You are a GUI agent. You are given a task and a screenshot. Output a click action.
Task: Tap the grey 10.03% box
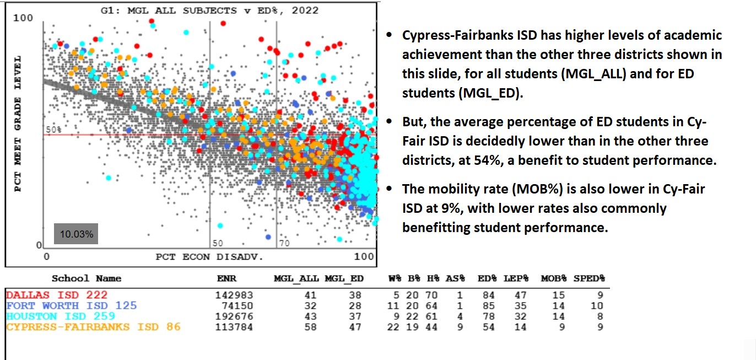[77, 234]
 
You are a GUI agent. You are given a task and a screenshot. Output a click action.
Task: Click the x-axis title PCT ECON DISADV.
[209, 256]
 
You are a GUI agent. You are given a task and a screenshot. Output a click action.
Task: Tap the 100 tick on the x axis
[364, 256]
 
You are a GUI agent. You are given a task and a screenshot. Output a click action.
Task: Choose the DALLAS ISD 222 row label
[57, 295]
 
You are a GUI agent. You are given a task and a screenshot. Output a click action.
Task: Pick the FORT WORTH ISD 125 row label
[71, 305]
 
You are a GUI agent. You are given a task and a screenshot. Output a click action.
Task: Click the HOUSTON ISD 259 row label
[61, 316]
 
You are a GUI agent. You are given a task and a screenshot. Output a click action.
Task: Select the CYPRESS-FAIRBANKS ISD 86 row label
[93, 327]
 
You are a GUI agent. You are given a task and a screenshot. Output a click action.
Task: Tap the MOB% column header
[554, 278]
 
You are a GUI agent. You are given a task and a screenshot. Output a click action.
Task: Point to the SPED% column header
[589, 278]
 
